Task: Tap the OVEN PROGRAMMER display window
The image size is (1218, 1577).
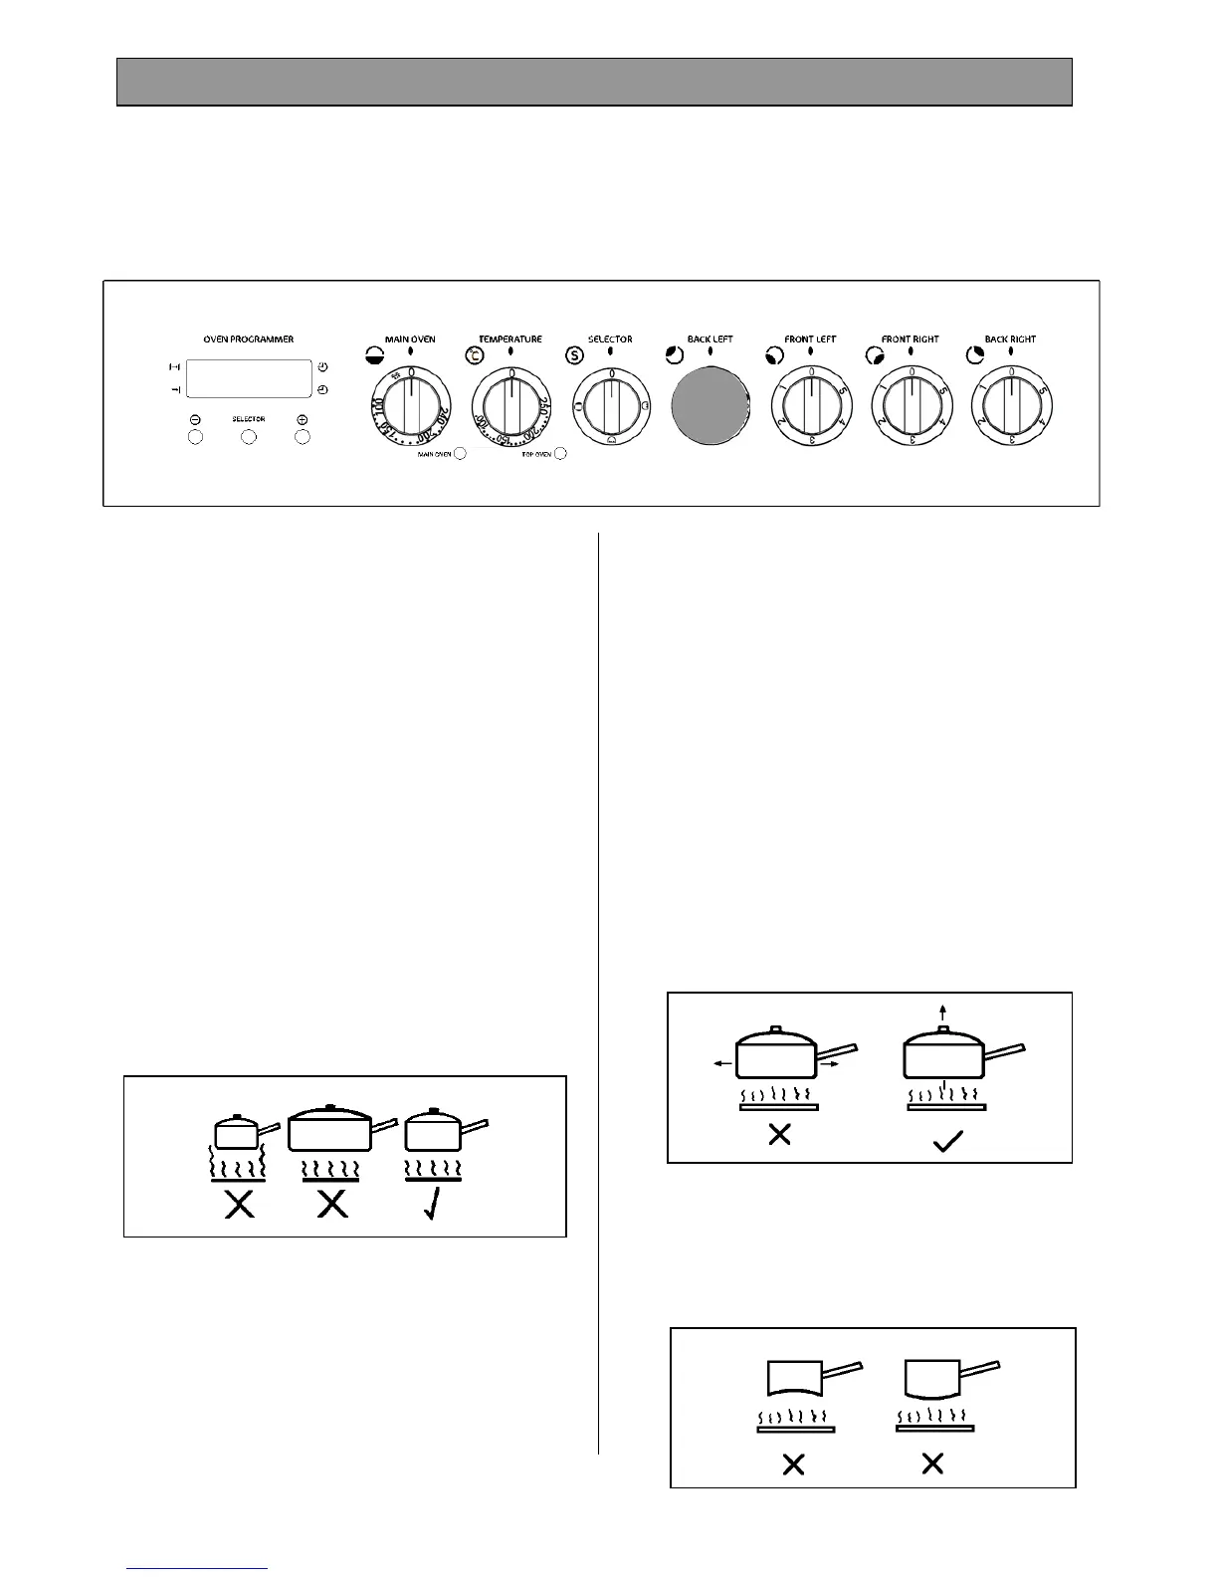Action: [249, 379]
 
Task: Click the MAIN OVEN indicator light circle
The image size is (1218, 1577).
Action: [460, 454]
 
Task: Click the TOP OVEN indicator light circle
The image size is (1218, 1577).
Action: [560, 454]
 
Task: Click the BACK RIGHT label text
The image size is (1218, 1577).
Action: [1010, 339]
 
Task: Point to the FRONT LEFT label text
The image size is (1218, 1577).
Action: [810, 339]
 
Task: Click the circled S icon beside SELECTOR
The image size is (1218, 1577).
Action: [574, 354]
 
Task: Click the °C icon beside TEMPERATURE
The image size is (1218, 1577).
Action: [476, 354]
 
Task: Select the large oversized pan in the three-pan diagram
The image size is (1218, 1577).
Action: [328, 1131]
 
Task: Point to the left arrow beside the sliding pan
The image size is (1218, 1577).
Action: [723, 1064]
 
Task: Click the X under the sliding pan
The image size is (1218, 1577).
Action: [779, 1134]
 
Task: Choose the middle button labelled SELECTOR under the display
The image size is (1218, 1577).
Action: [249, 437]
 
